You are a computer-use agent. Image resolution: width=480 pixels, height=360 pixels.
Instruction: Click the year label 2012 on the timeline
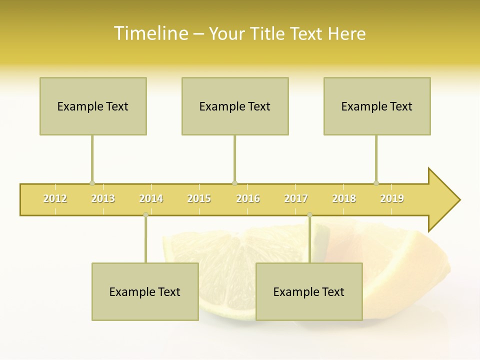click(55, 198)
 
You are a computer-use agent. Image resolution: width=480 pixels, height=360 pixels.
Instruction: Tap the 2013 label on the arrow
click(103, 198)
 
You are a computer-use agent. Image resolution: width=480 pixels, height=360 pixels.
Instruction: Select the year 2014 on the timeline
click(151, 198)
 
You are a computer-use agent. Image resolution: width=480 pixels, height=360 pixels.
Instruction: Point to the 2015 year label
click(199, 198)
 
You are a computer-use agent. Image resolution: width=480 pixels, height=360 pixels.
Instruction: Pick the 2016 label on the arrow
click(248, 198)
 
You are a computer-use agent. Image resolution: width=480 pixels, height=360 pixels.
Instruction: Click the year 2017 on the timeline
click(296, 198)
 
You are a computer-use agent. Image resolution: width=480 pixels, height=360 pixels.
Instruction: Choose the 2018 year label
click(344, 198)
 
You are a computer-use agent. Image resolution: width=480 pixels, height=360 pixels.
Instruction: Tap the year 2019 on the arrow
click(392, 198)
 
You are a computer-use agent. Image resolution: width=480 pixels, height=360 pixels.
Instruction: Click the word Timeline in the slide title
click(150, 33)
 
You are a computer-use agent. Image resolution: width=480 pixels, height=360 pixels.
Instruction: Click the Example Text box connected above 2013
click(93, 106)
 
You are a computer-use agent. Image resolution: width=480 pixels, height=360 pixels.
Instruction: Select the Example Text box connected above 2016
click(235, 106)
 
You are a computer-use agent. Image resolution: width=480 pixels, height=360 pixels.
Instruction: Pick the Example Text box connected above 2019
click(377, 106)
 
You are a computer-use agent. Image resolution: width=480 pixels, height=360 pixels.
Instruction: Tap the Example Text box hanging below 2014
click(145, 291)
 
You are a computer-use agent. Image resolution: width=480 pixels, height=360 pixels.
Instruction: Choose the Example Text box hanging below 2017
click(309, 291)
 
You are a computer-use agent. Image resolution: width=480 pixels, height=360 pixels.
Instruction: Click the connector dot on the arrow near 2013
click(92, 183)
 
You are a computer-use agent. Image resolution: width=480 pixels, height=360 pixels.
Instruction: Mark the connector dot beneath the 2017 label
click(309, 215)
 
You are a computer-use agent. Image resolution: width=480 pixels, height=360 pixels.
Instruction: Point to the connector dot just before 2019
click(376, 183)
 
